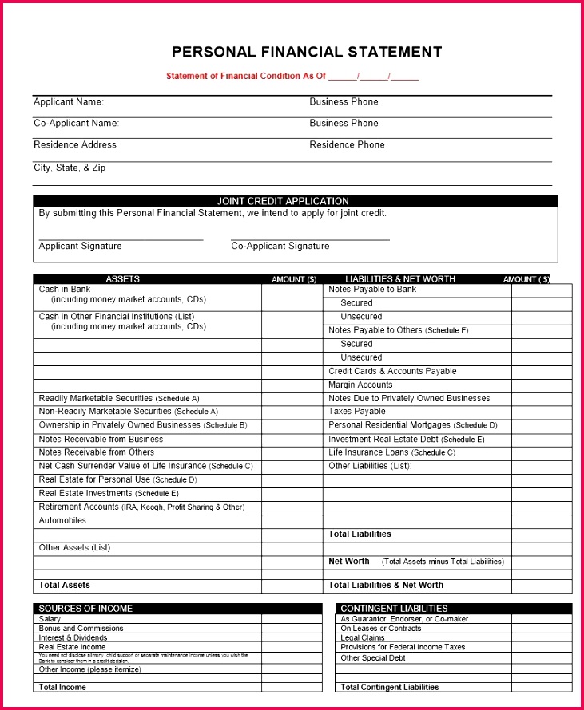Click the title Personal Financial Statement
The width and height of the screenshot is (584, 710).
307,53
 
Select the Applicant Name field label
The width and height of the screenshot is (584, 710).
69,102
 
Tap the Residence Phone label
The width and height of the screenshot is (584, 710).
347,145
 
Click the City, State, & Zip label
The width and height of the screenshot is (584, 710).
70,168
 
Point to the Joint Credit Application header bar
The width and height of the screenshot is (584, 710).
295,201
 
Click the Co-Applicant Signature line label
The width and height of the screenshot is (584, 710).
280,247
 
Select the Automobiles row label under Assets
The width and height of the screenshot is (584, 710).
62,521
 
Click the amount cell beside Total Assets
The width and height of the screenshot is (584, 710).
292,586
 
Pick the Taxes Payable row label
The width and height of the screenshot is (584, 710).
356,412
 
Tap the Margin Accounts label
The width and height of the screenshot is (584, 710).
360,385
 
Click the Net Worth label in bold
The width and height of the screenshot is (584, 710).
348,562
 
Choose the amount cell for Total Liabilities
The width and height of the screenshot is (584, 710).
541,534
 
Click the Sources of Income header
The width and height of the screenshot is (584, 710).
85,609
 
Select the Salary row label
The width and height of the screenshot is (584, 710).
50,619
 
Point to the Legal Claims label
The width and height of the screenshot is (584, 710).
363,638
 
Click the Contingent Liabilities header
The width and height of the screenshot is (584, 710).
394,609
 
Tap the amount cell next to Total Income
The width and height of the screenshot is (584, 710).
292,687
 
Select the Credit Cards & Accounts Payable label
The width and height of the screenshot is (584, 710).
392,371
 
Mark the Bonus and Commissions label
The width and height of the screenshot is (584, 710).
81,629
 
